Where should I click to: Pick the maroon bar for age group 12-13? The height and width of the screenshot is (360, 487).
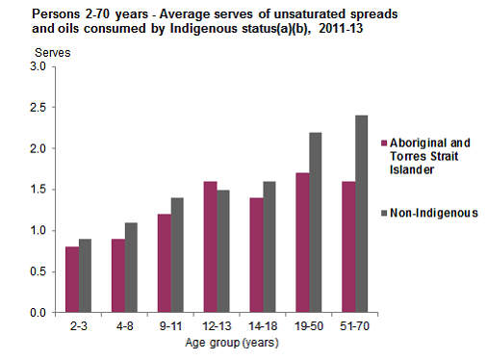point(211,246)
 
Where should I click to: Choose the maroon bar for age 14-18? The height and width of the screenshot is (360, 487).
point(256,254)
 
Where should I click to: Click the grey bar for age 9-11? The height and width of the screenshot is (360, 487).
point(177,255)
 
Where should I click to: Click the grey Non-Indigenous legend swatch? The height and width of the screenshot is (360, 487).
point(383,212)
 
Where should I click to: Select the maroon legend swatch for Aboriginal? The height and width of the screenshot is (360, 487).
point(383,143)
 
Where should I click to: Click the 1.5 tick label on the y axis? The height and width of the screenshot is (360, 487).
point(38,190)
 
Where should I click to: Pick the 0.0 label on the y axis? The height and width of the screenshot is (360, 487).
point(38,313)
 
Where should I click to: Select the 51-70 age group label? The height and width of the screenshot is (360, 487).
point(349,326)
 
